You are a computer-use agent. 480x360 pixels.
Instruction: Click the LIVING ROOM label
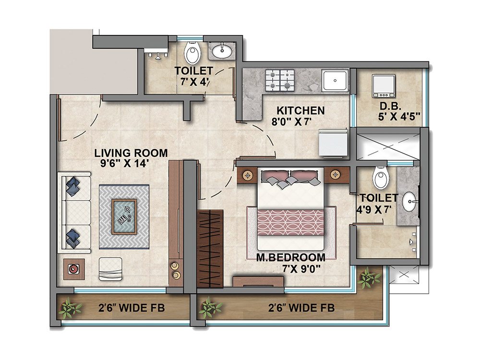tap(131, 153)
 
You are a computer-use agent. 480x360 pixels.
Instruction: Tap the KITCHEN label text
tap(300, 110)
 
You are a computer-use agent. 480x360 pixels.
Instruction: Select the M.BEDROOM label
tap(290, 257)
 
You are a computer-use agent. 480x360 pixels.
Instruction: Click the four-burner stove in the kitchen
tap(280, 81)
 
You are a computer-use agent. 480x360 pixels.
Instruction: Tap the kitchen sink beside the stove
tap(335, 81)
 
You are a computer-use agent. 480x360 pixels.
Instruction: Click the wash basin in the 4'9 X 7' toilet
tap(408, 202)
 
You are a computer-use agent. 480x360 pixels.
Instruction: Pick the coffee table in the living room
tap(124, 217)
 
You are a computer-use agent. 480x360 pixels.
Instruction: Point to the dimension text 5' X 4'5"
tap(399, 117)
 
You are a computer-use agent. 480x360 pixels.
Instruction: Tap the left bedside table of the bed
tap(247, 175)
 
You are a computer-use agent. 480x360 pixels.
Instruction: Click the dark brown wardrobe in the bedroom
tap(210, 248)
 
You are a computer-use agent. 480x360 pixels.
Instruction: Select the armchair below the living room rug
tap(110, 269)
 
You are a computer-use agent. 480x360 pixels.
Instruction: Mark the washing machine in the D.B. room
tap(384, 86)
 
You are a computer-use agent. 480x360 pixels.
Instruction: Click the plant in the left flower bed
tap(71, 308)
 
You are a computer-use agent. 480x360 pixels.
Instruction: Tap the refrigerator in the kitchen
tap(333, 143)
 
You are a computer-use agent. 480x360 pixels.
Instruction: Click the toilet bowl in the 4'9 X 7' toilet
tap(381, 178)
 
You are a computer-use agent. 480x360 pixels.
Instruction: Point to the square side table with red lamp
tap(74, 269)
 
